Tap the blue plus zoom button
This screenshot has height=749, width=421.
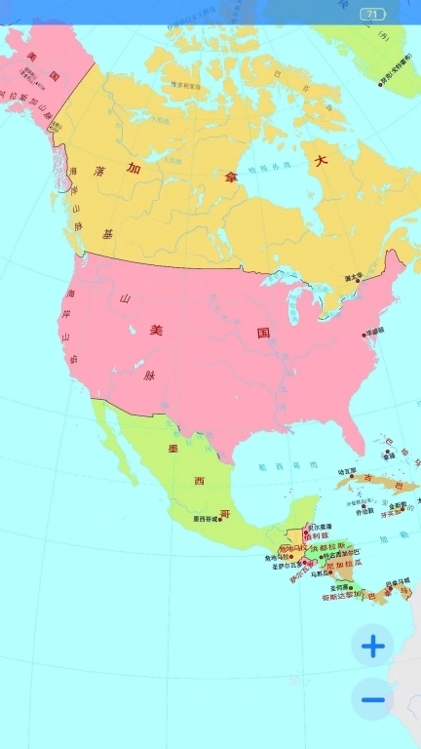[x=373, y=645]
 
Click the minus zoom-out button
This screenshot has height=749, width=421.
[x=373, y=698]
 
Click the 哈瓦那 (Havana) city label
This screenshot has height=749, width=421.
[x=347, y=471]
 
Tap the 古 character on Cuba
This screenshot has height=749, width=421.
[x=368, y=478]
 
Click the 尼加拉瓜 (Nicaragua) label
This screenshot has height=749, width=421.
[x=342, y=564]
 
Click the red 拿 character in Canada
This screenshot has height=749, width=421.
[x=231, y=177]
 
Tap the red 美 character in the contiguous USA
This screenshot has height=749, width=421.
[x=155, y=330]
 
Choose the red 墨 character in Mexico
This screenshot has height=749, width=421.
[x=173, y=448]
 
